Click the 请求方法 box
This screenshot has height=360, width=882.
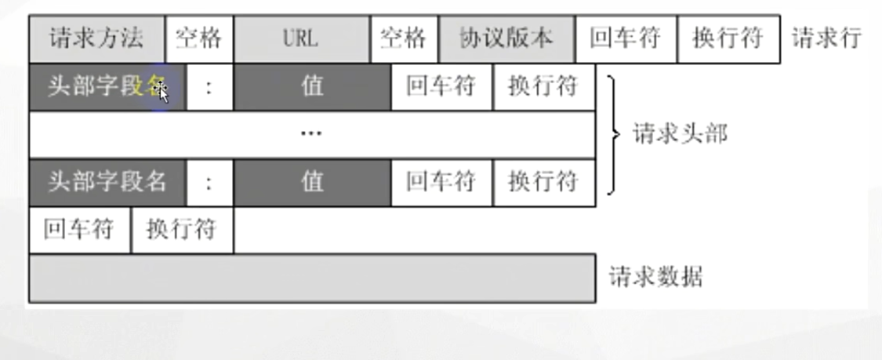pos(97,38)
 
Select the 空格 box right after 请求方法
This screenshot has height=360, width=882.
pos(199,38)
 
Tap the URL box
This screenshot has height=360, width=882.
pos(302,38)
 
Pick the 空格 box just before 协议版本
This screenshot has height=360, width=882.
pos(404,38)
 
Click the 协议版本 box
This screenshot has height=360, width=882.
pos(506,38)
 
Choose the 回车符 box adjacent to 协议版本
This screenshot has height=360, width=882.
pos(625,38)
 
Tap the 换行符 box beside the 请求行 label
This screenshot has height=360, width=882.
pos(728,38)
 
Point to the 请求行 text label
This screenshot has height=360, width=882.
pos(826,38)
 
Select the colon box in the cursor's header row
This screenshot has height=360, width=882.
pos(209,86)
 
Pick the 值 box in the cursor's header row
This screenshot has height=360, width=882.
pos(312,86)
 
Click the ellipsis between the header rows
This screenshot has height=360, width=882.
pos(311,134)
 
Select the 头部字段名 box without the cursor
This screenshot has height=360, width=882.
pos(107,183)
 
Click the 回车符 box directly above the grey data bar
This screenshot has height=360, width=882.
pos(79,231)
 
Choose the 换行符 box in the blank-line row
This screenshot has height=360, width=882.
pos(182,231)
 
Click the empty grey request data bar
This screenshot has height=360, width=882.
pos(312,278)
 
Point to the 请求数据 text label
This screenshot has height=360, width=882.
pos(656,278)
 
